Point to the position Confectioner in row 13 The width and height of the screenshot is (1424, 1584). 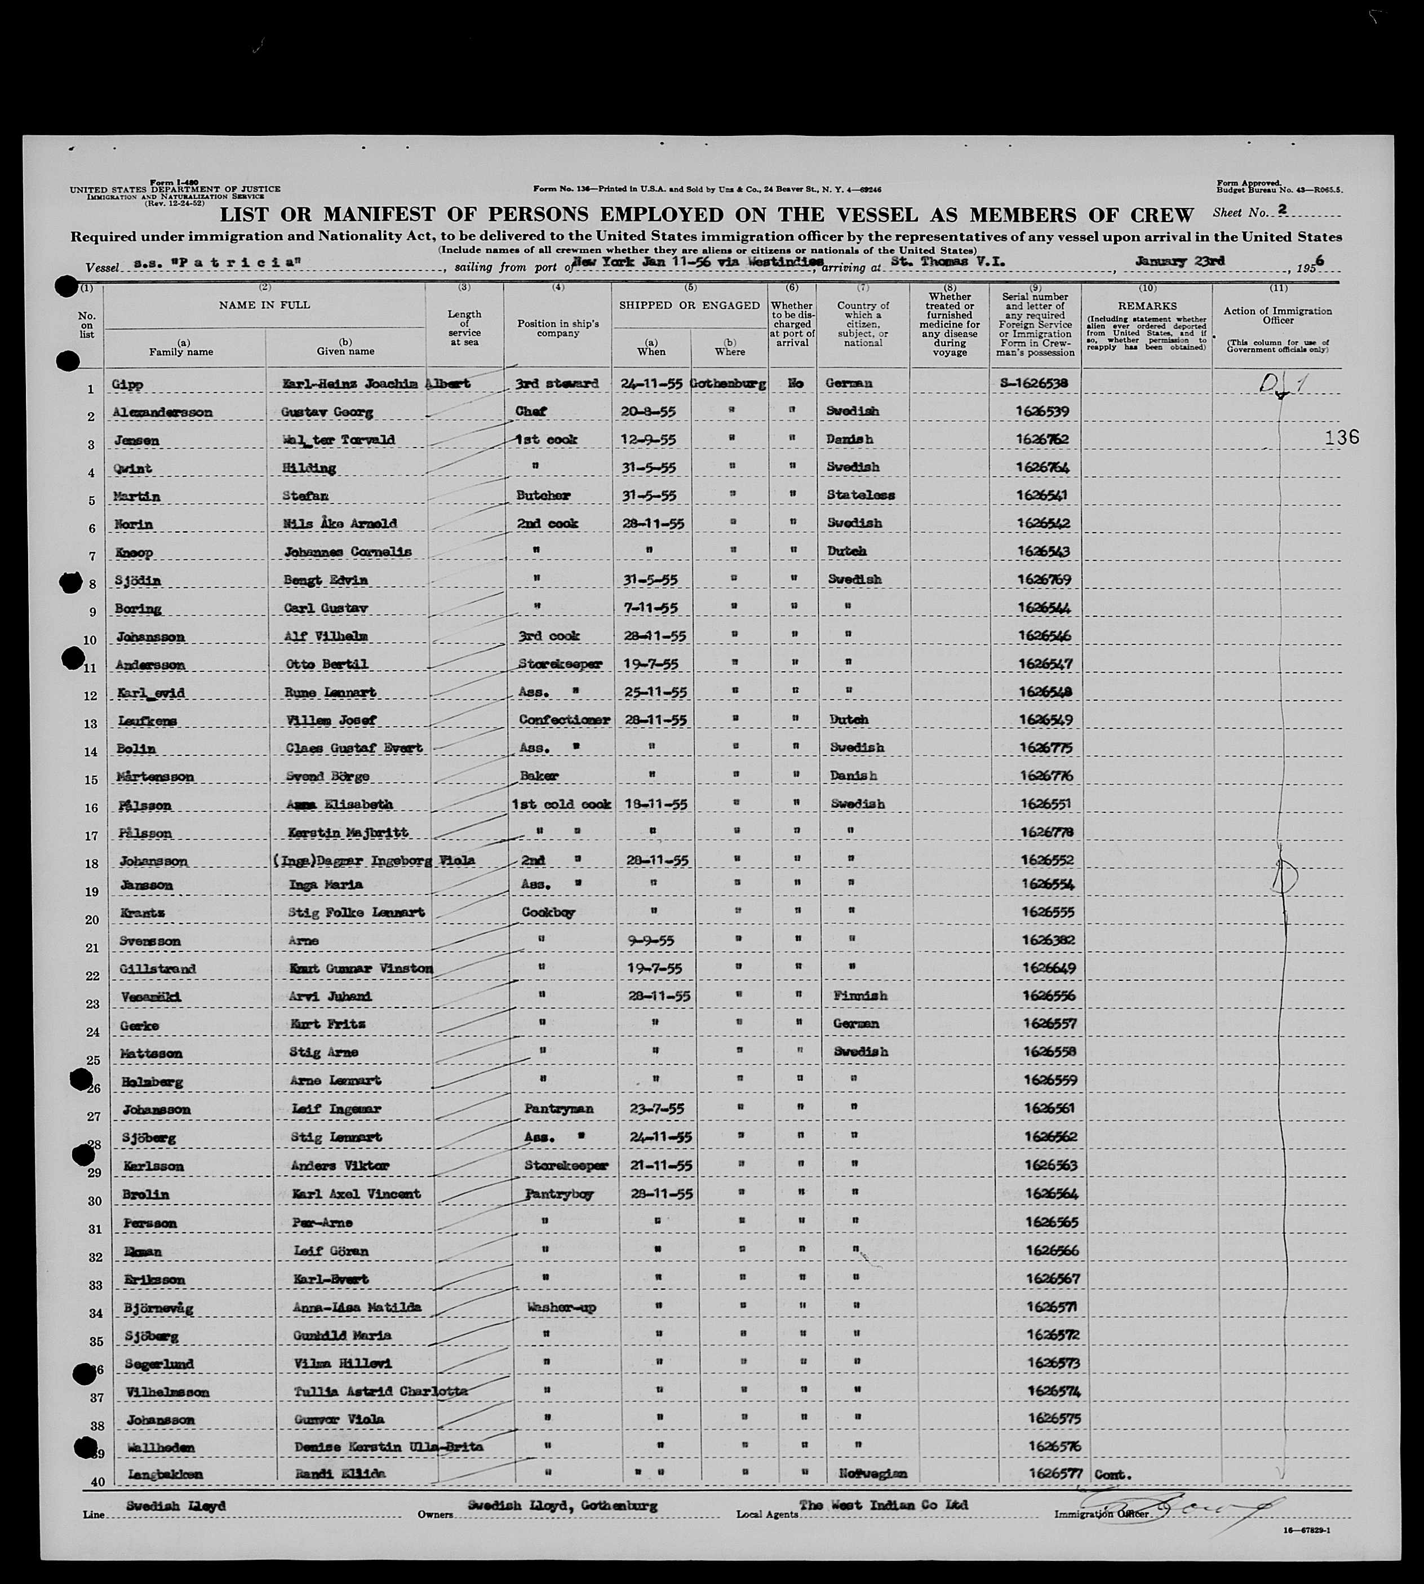point(564,719)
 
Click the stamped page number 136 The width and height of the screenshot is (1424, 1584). point(1342,438)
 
